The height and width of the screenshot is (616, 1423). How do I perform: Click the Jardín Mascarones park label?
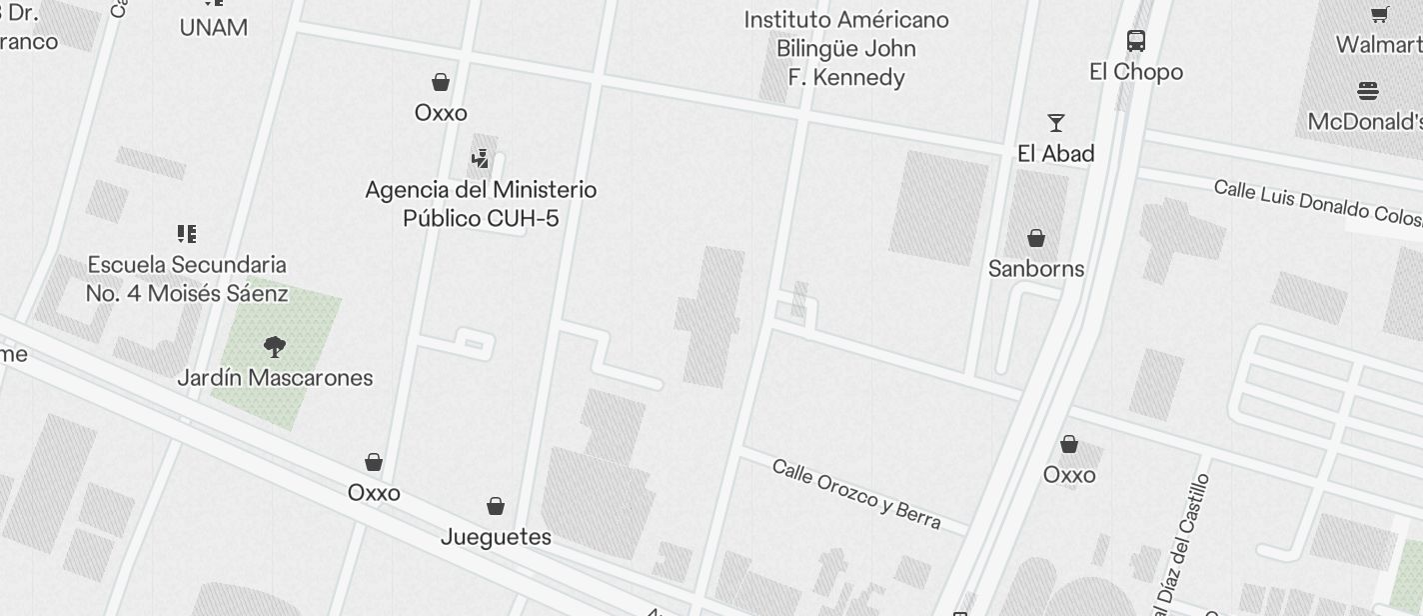275,378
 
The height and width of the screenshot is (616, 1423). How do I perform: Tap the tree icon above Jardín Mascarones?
275,347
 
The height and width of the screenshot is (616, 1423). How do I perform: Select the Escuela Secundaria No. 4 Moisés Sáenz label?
187,279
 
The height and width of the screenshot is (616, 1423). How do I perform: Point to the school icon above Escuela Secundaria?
187,234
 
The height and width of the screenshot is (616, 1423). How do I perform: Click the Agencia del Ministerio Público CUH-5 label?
481,204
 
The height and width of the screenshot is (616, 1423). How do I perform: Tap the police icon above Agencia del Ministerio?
481,158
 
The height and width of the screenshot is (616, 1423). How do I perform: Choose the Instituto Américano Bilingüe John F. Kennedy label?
846,48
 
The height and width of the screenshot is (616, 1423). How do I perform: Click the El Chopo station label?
1136,72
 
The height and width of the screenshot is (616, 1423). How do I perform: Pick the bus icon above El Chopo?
1136,40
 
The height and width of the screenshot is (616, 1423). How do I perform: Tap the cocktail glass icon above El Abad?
1056,123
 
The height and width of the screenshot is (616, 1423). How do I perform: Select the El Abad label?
1056,153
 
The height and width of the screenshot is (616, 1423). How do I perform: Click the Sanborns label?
1036,268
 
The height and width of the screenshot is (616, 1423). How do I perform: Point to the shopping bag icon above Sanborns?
1036,238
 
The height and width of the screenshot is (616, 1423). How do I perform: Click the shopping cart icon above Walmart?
1380,14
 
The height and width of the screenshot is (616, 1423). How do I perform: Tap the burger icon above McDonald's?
1368,91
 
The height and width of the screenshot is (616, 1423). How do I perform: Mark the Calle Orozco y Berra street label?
856,494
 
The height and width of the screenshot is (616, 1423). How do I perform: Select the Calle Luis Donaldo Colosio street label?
1317,203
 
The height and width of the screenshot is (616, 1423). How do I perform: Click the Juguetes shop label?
496,537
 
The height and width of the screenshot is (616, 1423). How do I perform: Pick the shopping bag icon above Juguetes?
496,506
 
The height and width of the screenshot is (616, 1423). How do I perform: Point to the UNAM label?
214,28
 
